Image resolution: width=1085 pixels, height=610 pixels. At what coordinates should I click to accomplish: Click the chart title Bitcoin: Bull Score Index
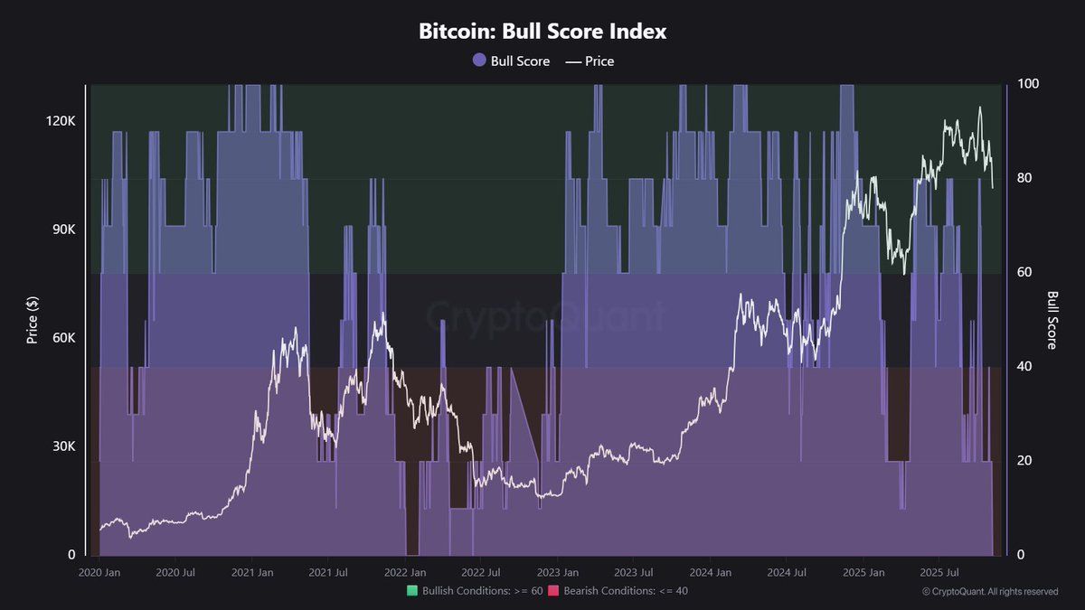[542, 31]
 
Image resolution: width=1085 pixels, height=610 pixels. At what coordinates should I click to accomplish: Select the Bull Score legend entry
[511, 61]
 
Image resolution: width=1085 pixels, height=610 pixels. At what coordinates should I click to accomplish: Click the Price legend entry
[590, 61]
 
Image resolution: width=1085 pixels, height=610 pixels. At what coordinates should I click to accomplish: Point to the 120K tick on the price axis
[61, 121]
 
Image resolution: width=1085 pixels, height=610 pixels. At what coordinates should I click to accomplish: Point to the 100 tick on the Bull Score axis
[1028, 84]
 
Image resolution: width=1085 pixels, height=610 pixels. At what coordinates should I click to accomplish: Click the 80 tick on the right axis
[1024, 178]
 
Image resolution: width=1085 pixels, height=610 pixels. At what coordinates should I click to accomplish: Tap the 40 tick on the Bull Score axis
[1024, 366]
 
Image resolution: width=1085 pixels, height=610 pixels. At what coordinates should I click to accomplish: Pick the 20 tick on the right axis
[1024, 460]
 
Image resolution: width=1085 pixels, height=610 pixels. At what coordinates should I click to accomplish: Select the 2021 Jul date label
[329, 573]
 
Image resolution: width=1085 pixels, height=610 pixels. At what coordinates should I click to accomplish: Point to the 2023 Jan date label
[558, 573]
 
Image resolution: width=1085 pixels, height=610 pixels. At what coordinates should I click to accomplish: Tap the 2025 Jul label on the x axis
[938, 573]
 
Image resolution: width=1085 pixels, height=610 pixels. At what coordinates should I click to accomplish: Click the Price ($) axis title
[33, 320]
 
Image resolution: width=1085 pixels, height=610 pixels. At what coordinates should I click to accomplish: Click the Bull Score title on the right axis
[1052, 320]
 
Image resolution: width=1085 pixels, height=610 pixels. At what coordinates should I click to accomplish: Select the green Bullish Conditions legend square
[412, 591]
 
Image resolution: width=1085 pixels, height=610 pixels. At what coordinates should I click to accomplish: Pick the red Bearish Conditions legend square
[553, 591]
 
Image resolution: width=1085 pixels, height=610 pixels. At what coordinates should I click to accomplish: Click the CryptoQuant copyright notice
[990, 592]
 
